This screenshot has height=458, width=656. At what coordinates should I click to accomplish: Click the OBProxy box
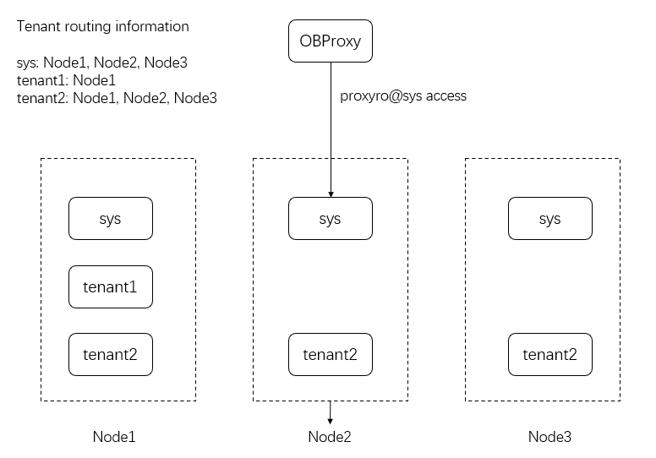tap(331, 41)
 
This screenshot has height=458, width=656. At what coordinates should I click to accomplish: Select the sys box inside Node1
tap(110, 219)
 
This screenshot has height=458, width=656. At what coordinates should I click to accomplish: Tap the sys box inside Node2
tap(330, 219)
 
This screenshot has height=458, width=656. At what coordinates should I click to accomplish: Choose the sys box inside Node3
tap(549, 219)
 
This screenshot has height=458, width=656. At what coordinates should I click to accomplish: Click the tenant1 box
tap(110, 287)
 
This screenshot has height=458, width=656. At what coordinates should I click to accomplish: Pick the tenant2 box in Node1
tap(110, 354)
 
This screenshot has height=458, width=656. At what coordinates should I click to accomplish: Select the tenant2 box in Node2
tap(330, 354)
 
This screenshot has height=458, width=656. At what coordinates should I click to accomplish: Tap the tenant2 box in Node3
tap(549, 354)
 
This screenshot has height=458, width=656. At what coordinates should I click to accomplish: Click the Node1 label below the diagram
tap(114, 437)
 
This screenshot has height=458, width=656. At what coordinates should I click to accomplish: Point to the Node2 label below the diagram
tap(330, 437)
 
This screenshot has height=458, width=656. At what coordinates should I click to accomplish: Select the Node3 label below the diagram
tap(549, 437)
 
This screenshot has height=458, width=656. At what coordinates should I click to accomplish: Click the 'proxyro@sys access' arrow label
tap(403, 96)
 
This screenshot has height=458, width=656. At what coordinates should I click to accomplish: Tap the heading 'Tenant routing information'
tap(103, 26)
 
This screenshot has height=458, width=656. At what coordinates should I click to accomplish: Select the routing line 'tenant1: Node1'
tap(66, 80)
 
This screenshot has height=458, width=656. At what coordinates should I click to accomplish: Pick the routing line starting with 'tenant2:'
tap(117, 99)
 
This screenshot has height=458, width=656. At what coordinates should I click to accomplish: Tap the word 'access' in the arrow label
tap(446, 96)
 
